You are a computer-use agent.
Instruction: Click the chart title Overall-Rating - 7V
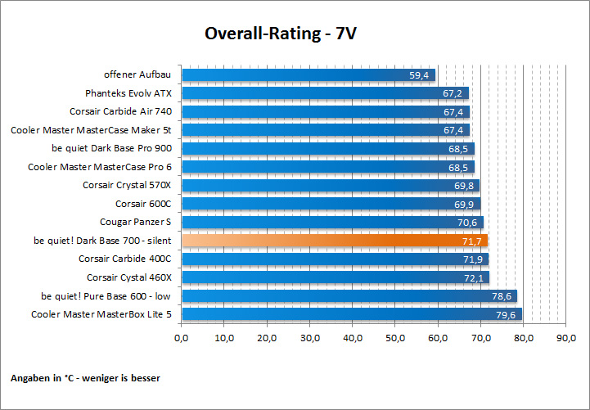[x=281, y=34]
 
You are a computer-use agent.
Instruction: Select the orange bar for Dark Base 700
[x=335, y=241]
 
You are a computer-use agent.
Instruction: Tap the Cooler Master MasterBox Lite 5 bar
[x=352, y=314]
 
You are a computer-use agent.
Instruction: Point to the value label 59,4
[x=420, y=75]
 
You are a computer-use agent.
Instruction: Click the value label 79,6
[x=506, y=314]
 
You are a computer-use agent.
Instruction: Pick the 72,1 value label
[x=474, y=277]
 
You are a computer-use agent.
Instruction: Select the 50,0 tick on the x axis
[x=396, y=338]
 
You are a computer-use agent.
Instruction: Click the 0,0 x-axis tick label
[x=182, y=338]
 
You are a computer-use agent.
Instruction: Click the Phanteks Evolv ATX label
[x=128, y=93]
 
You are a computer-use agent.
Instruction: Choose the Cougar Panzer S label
[x=136, y=222]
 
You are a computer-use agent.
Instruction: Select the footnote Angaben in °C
[x=86, y=378]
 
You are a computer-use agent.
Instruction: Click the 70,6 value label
[x=468, y=222]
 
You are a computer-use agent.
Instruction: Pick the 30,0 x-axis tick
[x=310, y=338]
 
